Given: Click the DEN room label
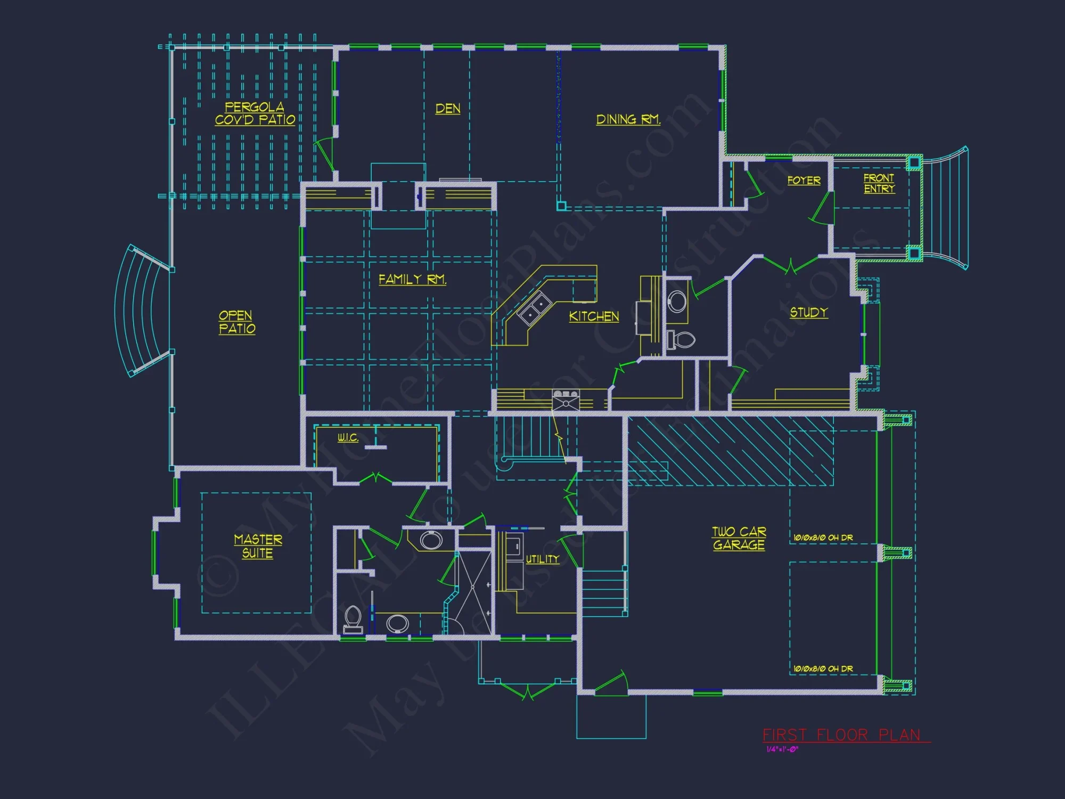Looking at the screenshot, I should (448, 109).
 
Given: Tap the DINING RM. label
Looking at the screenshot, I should (628, 119).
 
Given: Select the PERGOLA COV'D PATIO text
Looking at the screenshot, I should (255, 114).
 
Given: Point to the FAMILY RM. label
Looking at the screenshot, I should (412, 279).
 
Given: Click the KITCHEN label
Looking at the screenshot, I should (594, 316).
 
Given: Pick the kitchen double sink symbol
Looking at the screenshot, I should (535, 308).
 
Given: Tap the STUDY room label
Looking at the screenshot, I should (808, 313).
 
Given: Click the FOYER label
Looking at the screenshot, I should (804, 181).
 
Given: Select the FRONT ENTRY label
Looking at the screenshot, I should (879, 183).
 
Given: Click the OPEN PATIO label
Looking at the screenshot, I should (237, 322).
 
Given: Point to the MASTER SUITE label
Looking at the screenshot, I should (258, 547).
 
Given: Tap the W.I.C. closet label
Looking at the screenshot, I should (348, 438).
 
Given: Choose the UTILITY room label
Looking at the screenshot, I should (543, 559).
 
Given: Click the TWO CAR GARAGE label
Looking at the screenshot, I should (739, 538).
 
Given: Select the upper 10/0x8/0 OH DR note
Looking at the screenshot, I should (823, 538).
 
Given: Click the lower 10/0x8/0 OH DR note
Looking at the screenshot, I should (823, 668).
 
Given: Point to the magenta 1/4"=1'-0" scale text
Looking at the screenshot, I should (782, 749).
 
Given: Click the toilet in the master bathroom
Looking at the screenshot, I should (353, 619).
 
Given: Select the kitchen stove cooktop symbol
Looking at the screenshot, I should (566, 399).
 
